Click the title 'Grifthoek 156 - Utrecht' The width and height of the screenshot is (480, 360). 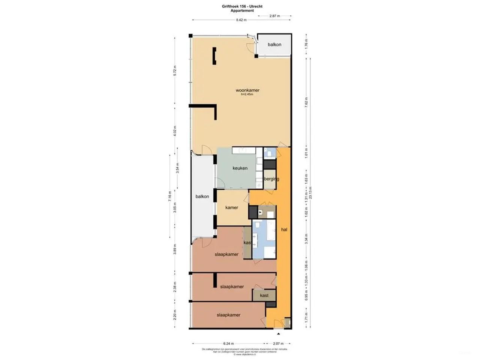click(x=242, y=6)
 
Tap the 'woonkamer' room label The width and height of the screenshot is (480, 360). click(x=247, y=90)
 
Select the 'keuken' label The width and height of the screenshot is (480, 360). click(x=240, y=168)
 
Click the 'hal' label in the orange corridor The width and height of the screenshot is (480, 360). click(x=284, y=229)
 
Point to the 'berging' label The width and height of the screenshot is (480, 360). click(x=271, y=179)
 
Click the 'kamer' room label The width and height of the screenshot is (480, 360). click(x=232, y=207)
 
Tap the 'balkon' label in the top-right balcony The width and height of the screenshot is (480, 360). click(x=274, y=45)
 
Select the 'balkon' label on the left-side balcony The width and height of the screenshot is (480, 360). click(x=202, y=196)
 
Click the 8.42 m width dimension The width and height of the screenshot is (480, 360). click(x=241, y=20)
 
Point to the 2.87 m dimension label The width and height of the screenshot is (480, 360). click(x=274, y=16)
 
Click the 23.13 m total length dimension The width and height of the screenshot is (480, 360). click(x=310, y=193)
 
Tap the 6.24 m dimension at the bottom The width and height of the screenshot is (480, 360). click(x=228, y=343)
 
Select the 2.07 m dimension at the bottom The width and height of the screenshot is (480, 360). click(x=278, y=343)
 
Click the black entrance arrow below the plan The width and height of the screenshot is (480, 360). click(x=278, y=333)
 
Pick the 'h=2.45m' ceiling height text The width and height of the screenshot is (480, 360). click(x=247, y=94)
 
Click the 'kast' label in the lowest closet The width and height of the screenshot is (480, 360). click(x=264, y=295)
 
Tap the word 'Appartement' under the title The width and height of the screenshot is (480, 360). click(x=242, y=11)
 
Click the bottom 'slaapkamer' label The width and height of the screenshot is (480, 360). click(x=228, y=315)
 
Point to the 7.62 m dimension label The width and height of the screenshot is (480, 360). click(x=306, y=102)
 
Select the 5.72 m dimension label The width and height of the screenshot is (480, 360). click(x=175, y=70)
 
